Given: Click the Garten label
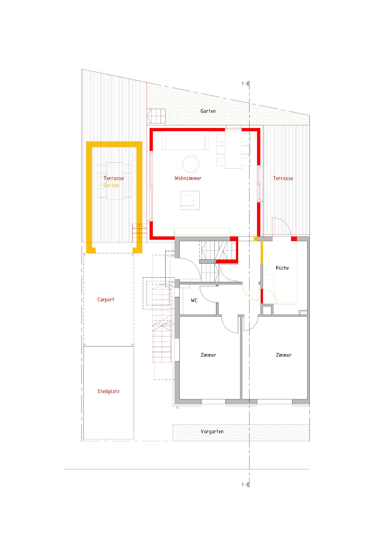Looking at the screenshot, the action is pos(208,111).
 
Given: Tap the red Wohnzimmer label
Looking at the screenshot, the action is pos(188,178).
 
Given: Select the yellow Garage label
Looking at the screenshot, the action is pos(111,185).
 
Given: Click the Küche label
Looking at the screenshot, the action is pos(282,268).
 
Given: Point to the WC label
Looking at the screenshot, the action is pos(194,300).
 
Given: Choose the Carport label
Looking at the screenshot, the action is pos(106,299).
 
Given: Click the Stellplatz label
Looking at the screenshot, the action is pos(108,391).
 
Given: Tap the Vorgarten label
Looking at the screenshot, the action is pos(212,431).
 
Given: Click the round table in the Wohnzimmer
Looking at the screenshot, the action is pos(191,164).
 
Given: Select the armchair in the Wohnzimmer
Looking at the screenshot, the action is pos(190,200).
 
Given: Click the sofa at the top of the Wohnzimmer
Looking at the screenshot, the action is pos(185,140).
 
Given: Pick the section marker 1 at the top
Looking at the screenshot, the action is pos(245,84).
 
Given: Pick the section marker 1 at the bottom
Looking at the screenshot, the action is pos(245,484).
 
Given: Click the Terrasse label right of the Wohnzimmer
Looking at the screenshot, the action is pos(283,178).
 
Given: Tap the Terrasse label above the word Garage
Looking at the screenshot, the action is pos(114,178).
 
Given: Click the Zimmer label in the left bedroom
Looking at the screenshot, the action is pos(208,355).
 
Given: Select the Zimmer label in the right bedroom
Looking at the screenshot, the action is pos(284,355).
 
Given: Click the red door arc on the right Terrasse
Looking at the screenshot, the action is pos(285,223).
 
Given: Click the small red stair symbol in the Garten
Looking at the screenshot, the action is pos(156,116).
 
